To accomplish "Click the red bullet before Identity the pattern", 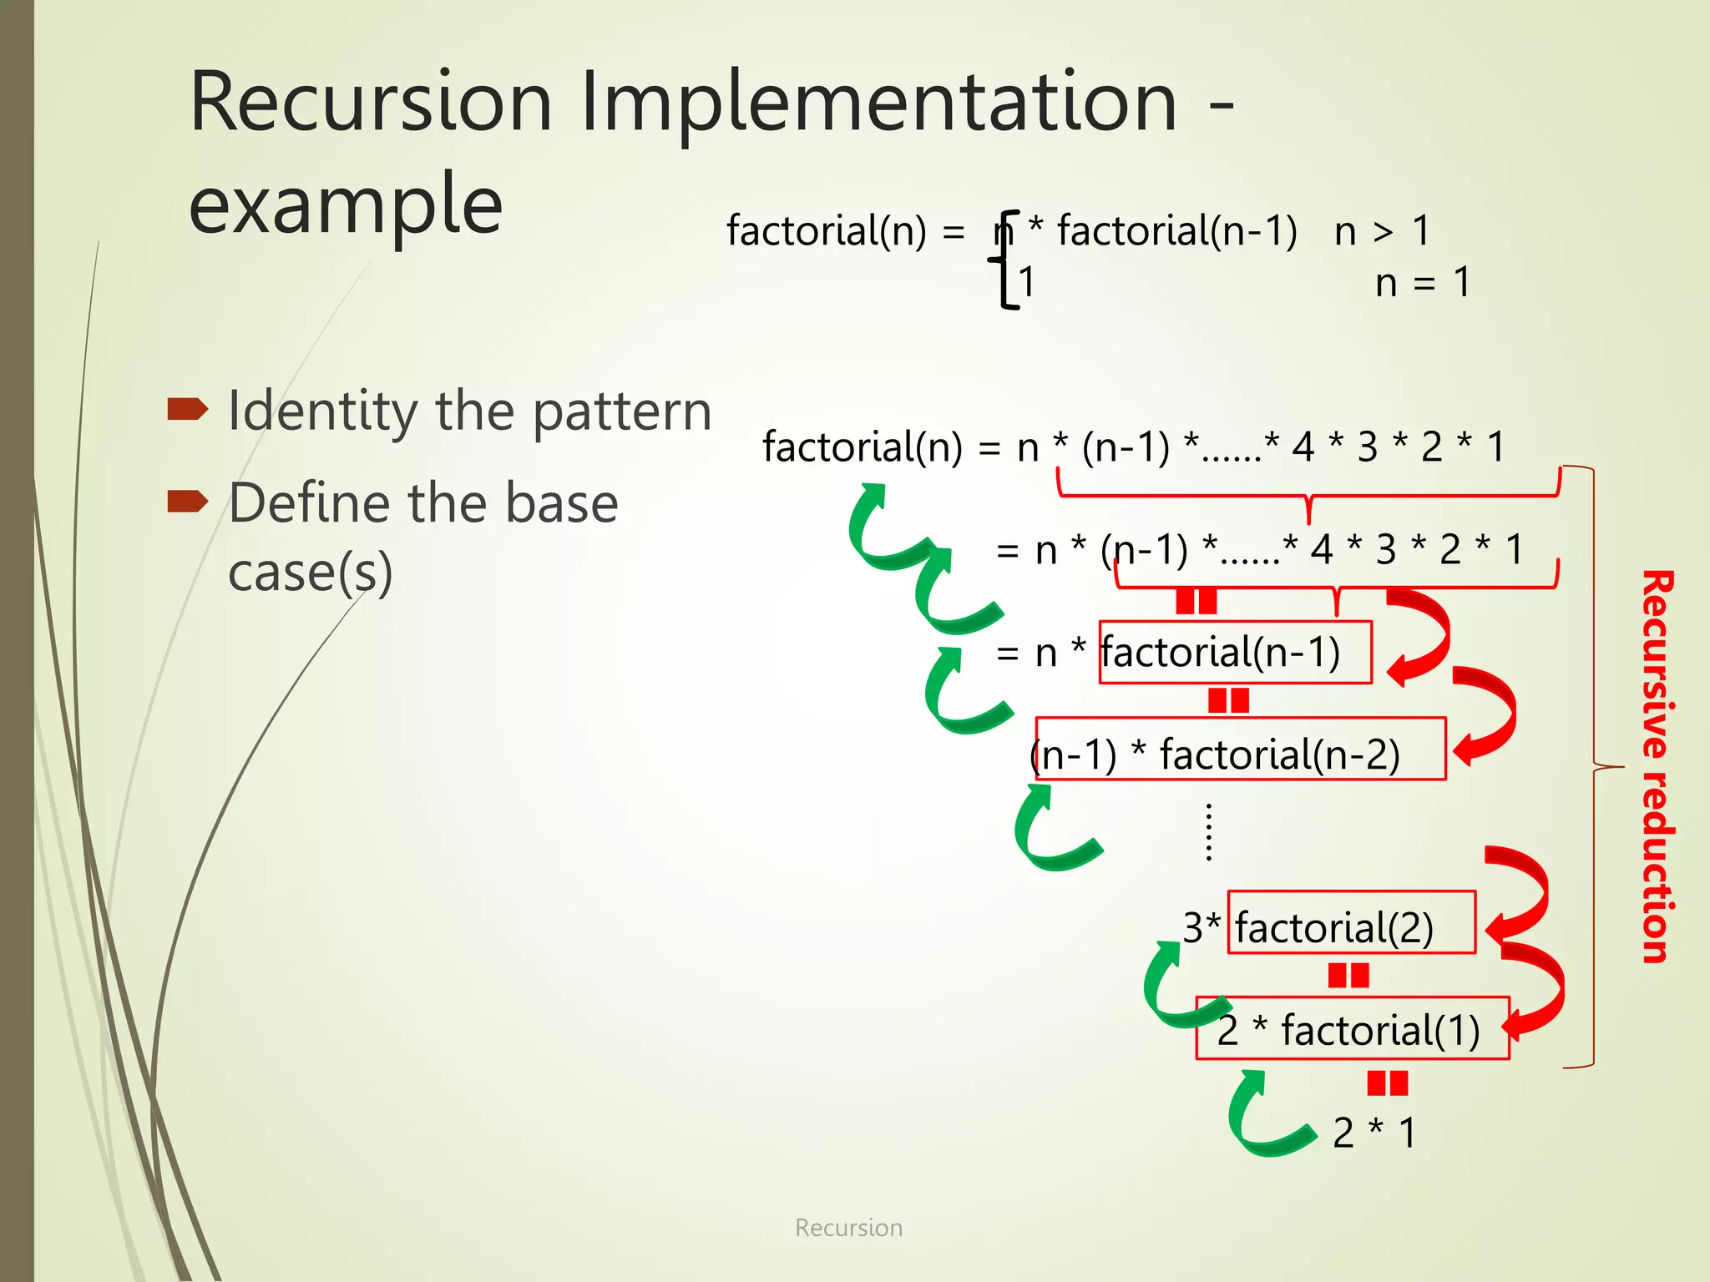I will pos(187,410).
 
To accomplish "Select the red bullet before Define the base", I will pos(187,501).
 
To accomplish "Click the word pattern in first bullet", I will pos(621,411).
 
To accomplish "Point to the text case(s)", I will pos(310,573).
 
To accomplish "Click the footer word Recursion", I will pos(848,1228).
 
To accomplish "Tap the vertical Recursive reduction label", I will pos(1657,766).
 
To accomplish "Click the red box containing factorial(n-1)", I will pos(1235,653).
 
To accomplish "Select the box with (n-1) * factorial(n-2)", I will pos(1240,749).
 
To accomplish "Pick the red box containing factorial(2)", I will pos(1351,923).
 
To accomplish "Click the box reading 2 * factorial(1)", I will pos(1352,1028).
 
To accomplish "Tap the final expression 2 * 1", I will pos(1374,1133).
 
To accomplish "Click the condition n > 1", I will pos(1382,231).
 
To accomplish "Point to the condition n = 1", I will pos(1422,283).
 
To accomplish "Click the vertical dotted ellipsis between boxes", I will pos(1208,832).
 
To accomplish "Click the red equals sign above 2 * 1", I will pos(1387,1083).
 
